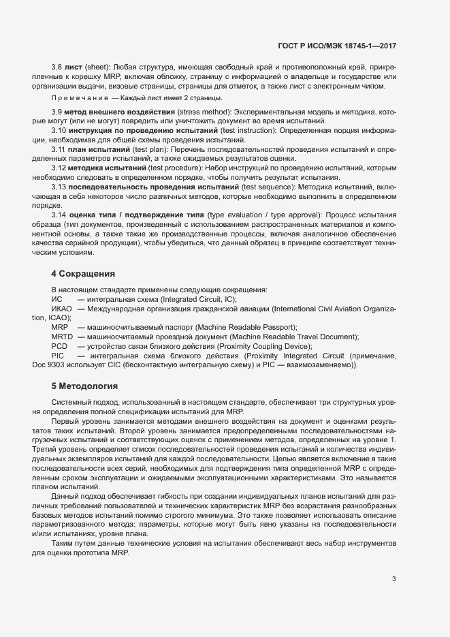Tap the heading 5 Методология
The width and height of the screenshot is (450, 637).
tap(85, 386)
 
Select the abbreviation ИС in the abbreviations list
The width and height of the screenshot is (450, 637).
tap(57, 299)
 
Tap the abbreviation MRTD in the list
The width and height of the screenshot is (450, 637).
tap(61, 337)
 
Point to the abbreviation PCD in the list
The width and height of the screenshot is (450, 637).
tap(59, 346)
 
